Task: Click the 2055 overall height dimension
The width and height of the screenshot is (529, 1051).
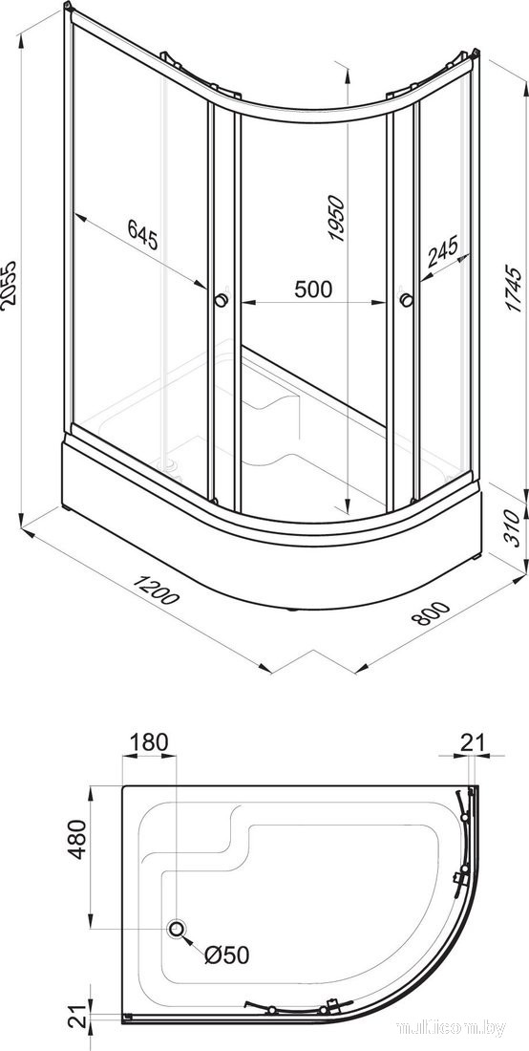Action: (x=11, y=284)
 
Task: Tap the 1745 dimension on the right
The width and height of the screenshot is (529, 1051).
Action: (x=513, y=290)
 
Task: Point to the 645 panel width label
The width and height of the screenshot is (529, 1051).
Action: (x=143, y=236)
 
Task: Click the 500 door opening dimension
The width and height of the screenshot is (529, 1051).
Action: (x=312, y=289)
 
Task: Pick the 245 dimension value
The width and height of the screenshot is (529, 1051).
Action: (x=443, y=250)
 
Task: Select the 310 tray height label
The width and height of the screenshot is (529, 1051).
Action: (x=511, y=528)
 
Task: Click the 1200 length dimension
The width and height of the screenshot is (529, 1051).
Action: (x=156, y=589)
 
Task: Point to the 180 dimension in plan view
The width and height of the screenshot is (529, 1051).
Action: (x=148, y=742)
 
